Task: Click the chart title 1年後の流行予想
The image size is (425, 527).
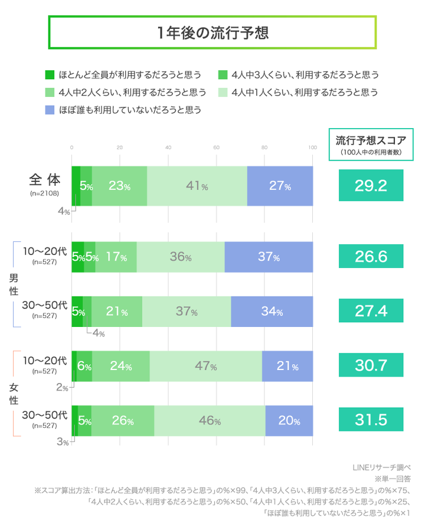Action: [x=212, y=32]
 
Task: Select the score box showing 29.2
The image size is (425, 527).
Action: [x=371, y=186]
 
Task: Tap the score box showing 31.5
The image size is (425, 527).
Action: [x=371, y=420]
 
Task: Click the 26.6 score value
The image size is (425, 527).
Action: [x=371, y=257]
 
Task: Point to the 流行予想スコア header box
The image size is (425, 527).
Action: [x=371, y=145]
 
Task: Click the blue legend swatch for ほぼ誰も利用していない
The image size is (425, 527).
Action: [x=50, y=109]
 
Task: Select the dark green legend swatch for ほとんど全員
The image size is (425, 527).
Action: [x=50, y=75]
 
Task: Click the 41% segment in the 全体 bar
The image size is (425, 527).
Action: [x=197, y=186]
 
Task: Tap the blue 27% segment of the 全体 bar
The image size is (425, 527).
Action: [x=280, y=186]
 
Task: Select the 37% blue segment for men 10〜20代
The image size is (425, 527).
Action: [x=269, y=257]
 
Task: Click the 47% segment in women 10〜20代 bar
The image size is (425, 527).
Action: [x=205, y=366]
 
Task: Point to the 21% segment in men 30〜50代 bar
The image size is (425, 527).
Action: [x=116, y=312]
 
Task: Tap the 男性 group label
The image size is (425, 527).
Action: [x=13, y=284]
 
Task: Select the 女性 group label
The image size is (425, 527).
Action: [x=13, y=394]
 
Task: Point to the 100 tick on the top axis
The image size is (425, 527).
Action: [x=312, y=148]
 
